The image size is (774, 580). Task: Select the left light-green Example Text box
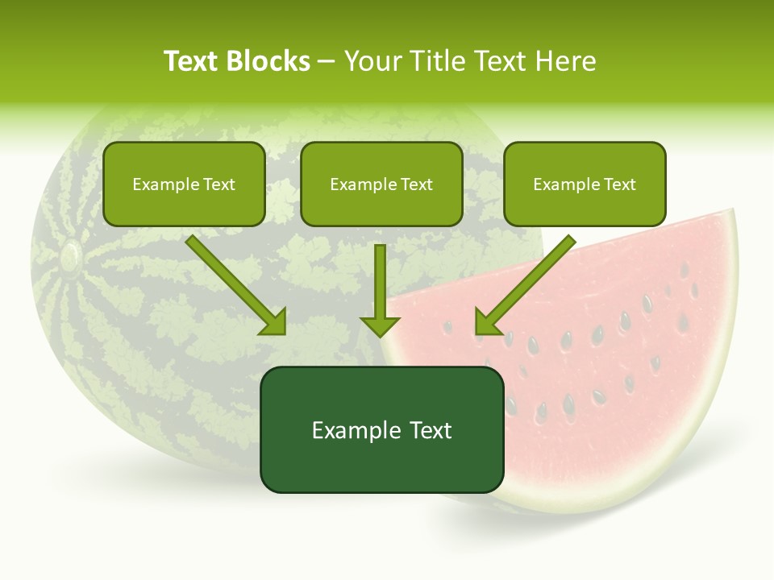184,184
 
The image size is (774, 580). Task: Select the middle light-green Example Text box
381,184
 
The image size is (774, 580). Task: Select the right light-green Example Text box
585,184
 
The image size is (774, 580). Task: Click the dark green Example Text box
381,429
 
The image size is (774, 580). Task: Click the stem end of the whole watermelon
70,256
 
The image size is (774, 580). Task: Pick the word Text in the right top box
619,184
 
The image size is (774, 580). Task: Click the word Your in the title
371,61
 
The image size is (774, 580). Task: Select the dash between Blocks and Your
327,62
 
